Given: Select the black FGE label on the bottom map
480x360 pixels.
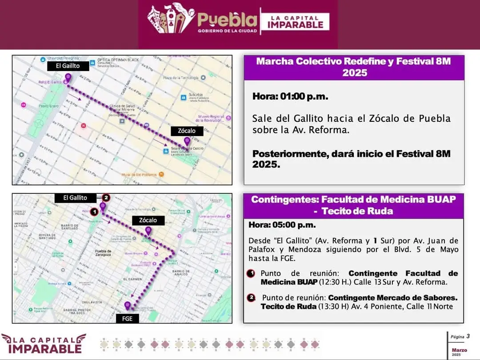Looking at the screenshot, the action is click(x=127, y=318).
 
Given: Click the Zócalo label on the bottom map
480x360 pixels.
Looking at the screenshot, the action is click(x=148, y=220).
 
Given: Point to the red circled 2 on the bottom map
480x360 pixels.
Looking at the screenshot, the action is click(x=106, y=198).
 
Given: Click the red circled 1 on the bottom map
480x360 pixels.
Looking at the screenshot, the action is click(x=94, y=211).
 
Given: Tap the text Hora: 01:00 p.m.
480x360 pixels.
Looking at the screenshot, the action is click(x=290, y=96).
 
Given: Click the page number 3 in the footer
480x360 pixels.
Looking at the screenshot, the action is click(x=468, y=336).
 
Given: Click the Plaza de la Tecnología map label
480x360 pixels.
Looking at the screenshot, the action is click(x=180, y=78).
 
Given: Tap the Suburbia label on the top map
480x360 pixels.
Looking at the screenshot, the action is click(x=196, y=95).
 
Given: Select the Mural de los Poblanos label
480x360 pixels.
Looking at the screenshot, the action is click(x=140, y=175).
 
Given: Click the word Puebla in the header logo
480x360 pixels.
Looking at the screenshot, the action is click(x=227, y=19).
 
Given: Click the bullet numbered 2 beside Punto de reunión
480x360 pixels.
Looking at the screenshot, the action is click(x=252, y=297).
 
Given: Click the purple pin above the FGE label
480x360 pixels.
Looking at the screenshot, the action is click(x=128, y=306).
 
